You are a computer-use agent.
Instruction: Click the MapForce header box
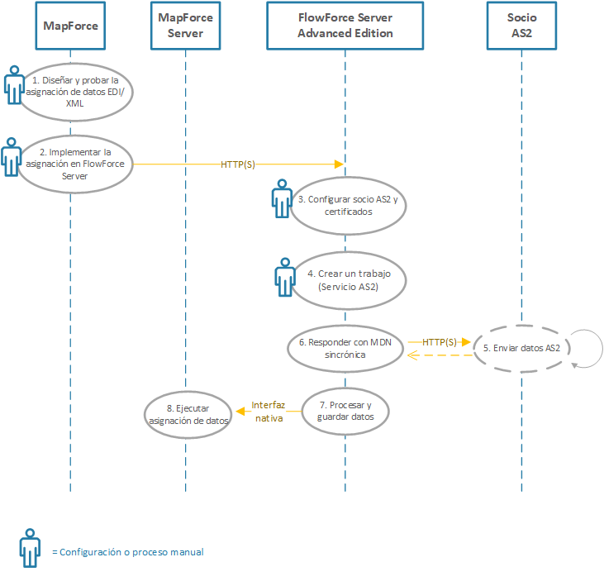coord(71,26)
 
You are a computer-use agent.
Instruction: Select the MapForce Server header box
coord(185,26)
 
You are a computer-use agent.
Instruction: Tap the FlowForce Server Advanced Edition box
coord(345,26)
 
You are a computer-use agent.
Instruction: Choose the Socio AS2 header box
coord(522,26)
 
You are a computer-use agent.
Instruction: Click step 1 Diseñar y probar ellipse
coord(75,92)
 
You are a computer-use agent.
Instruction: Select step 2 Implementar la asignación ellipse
coord(75,164)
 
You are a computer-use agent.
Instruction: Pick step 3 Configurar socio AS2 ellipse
coord(347,205)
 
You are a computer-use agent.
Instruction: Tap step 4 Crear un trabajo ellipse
coord(347,279)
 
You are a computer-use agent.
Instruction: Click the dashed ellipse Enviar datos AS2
coord(521,348)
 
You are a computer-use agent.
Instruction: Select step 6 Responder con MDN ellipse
coord(345,348)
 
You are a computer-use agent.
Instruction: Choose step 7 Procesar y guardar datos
coord(345,411)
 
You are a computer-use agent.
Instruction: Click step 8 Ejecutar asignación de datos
coord(187,413)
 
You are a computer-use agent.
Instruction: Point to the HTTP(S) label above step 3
coord(238,164)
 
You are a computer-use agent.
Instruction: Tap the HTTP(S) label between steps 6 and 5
coord(439,341)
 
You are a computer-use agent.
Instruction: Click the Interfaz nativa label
coord(268,412)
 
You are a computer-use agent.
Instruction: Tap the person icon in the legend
coord(30,547)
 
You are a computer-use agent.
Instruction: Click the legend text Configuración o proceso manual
coord(127,552)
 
